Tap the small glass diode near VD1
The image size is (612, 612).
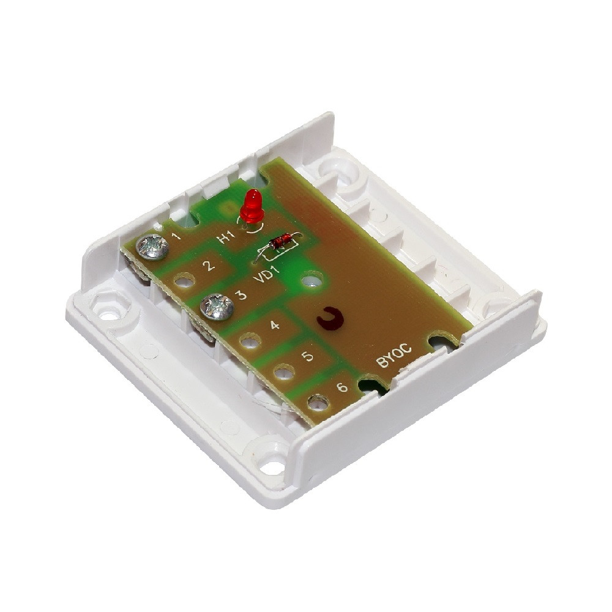282,241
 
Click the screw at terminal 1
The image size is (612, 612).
152,247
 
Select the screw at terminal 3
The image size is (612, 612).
217,307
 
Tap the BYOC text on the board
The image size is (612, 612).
394,355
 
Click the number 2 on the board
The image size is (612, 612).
209,266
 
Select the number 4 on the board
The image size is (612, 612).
275,325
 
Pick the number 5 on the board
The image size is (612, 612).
308,356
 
